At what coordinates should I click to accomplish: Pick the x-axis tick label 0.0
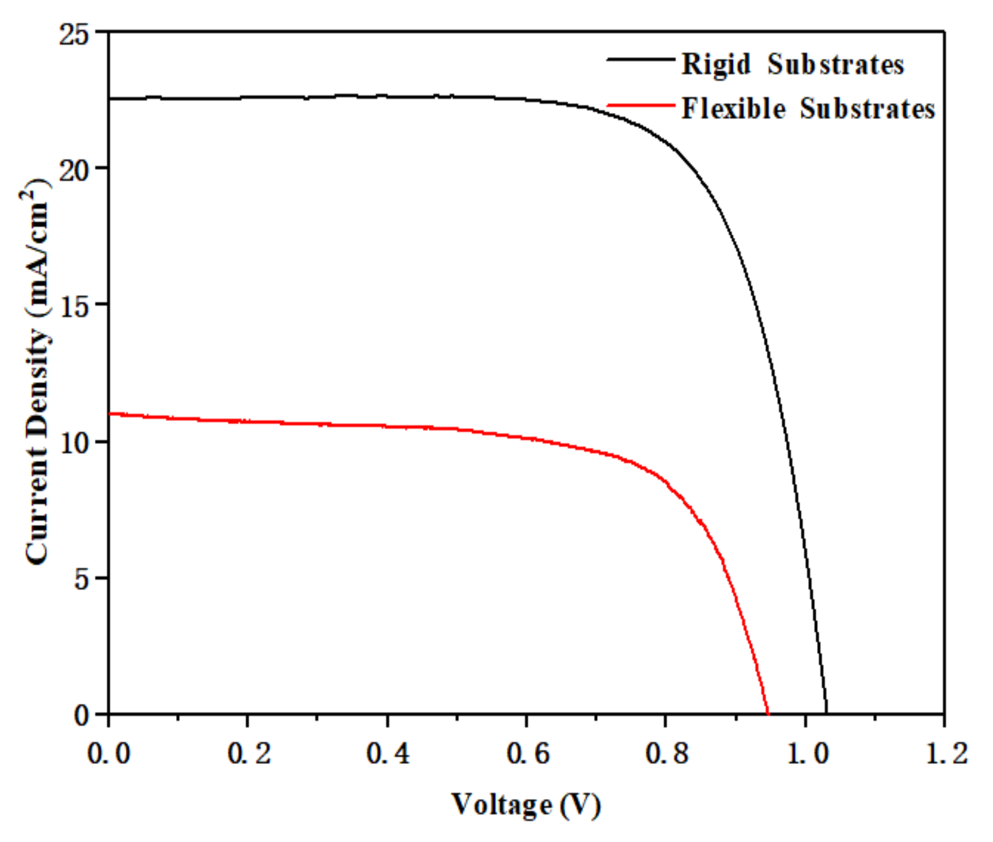click(x=109, y=753)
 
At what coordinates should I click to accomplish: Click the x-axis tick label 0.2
click(x=248, y=753)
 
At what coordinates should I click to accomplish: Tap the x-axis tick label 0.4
click(x=387, y=753)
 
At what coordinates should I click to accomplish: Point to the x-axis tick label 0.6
click(x=528, y=753)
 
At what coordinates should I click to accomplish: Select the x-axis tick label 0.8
click(x=666, y=753)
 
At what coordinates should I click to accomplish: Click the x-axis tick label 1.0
click(x=806, y=753)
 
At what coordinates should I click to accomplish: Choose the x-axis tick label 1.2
click(x=946, y=753)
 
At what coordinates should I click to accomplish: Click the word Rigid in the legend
click(x=716, y=65)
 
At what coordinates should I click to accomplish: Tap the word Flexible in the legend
click(x=733, y=109)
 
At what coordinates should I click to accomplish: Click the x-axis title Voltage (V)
click(x=526, y=805)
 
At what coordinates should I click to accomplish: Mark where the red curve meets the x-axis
click(x=768, y=714)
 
